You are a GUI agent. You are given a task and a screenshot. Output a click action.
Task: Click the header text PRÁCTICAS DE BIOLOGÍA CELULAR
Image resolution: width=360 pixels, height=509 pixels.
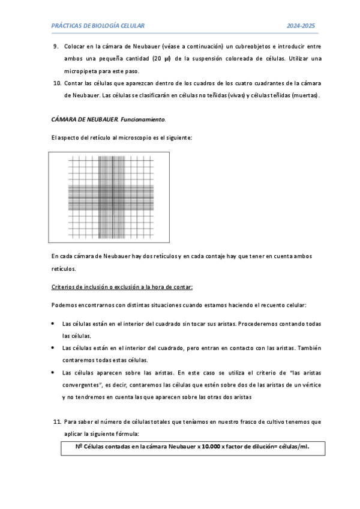click(98, 26)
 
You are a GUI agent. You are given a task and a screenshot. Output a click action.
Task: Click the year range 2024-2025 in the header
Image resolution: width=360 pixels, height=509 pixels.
click(301, 26)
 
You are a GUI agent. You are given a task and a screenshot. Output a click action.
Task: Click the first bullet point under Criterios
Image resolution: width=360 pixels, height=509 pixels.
click(54, 324)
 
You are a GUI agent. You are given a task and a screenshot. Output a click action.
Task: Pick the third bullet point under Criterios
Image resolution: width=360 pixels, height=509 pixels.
click(54, 373)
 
